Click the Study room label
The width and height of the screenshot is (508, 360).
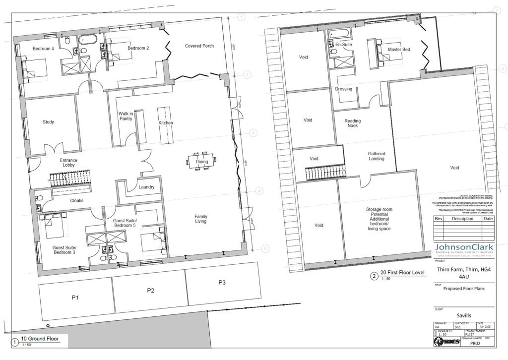[48, 122]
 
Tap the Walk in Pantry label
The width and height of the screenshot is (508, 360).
[125, 117]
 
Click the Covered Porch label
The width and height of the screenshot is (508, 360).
[199, 46]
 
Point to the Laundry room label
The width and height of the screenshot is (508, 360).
[146, 187]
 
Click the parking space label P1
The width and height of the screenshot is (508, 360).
[75, 298]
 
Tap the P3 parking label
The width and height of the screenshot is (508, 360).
[222, 283]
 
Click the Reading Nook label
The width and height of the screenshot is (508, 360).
[353, 123]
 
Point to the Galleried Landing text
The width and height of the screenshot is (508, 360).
[376, 156]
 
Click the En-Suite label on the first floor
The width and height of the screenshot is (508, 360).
[343, 45]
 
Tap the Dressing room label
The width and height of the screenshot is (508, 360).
[343, 89]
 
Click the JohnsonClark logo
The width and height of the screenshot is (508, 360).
[464, 249]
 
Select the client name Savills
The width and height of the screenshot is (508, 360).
[464, 315]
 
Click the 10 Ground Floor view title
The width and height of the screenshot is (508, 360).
[40, 339]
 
